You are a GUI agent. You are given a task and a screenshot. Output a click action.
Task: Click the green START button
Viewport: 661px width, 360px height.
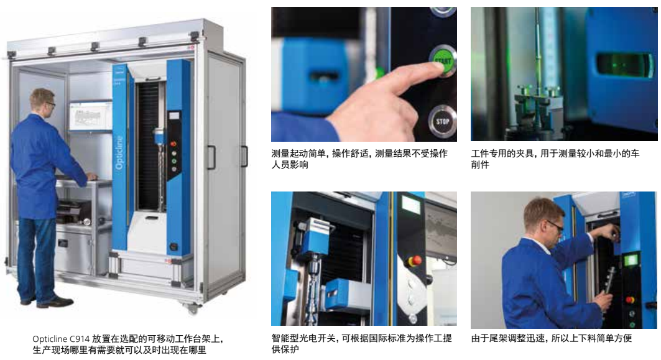[x=443, y=60]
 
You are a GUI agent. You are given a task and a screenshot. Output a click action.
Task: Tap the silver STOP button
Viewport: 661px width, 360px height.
[x=443, y=121]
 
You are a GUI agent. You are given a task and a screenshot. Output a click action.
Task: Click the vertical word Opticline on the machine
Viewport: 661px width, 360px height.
[x=119, y=152]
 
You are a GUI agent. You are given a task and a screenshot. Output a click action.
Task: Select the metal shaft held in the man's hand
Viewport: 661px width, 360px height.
[x=609, y=280]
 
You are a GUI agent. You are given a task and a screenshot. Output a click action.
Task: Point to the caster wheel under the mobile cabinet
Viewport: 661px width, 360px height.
[x=192, y=308]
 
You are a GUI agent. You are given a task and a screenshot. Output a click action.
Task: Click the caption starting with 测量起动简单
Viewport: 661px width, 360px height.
[x=359, y=159]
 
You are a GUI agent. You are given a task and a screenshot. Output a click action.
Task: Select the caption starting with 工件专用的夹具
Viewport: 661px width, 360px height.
[x=555, y=159]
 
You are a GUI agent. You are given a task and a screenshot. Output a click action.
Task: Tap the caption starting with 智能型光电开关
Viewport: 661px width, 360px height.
[x=362, y=344]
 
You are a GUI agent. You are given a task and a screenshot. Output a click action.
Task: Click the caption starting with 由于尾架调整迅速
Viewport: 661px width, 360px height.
[x=552, y=338]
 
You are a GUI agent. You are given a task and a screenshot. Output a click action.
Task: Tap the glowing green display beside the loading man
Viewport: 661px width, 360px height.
[x=631, y=260]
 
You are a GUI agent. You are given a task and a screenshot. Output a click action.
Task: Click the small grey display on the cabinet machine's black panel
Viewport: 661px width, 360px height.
[x=173, y=116]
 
